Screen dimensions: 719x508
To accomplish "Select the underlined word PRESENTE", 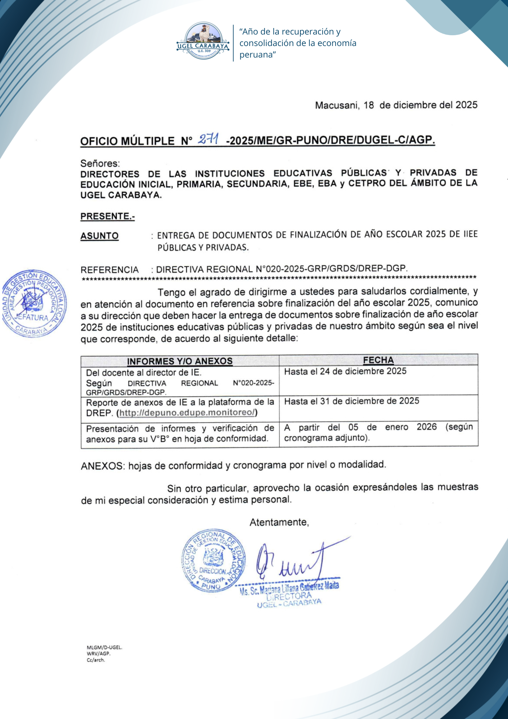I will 107,216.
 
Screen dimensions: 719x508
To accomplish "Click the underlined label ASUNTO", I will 100,236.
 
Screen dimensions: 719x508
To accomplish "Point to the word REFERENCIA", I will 110,270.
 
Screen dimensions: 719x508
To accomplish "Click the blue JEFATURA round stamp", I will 34,303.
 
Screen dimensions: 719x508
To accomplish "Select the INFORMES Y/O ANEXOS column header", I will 180,361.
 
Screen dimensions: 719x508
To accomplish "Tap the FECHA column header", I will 378,360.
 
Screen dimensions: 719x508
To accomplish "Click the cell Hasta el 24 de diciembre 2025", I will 345,371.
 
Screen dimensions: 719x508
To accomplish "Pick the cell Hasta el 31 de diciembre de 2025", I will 352,401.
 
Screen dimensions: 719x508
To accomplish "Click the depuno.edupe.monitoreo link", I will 187,413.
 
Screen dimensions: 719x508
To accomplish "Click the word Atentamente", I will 279,522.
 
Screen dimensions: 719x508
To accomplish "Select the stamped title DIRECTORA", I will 289,596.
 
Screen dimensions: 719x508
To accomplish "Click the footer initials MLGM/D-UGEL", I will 105,647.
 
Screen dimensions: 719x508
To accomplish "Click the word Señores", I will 100,164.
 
